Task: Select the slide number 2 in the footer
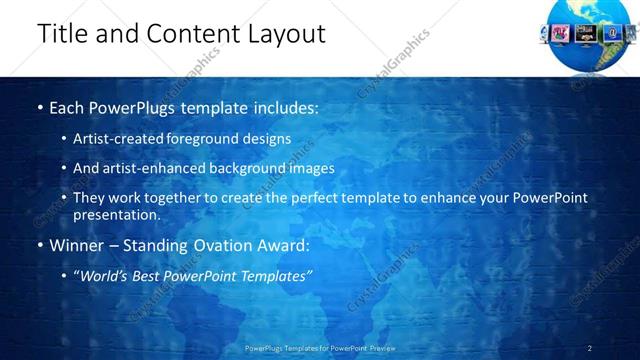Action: point(589,348)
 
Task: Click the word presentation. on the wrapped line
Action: point(116,214)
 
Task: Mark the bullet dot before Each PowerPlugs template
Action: point(40,107)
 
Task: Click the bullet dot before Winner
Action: point(40,246)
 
